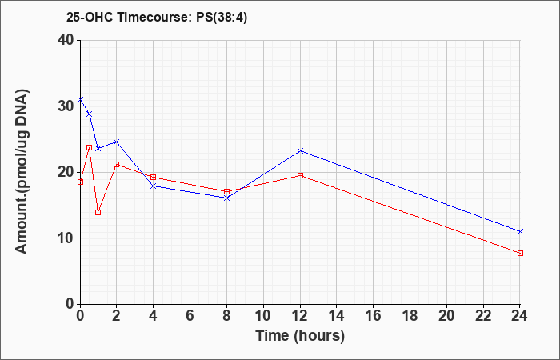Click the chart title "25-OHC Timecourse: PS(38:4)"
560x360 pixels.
pos(157,18)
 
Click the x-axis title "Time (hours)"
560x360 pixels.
pos(300,336)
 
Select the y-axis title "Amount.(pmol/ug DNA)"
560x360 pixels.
pos(22,172)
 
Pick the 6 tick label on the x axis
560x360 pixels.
pos(190,316)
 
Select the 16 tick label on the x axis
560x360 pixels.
pos(374,316)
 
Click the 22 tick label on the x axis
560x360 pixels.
pos(483,316)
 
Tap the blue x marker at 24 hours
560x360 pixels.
pos(520,231)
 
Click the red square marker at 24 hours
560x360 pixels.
pos(520,254)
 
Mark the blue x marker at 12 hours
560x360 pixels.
pos(300,150)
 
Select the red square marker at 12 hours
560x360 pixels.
pos(300,175)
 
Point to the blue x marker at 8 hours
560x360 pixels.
pos(226,198)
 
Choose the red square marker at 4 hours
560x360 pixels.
pos(154,177)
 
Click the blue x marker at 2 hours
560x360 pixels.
pos(117,142)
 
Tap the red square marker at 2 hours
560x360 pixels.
pos(117,164)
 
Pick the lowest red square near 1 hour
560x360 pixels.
pos(98,213)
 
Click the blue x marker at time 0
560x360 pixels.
pos(80,99)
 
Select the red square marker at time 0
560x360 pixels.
pos(80,182)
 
